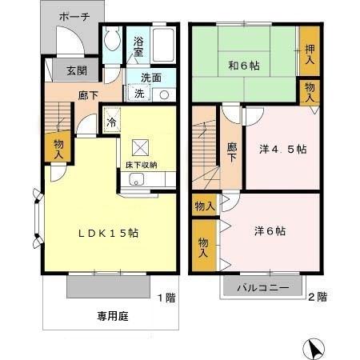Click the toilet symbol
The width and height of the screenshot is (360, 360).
pos(112,42)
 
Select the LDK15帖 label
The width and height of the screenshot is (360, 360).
pos(108,233)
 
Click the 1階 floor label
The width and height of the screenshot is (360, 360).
pos(166,298)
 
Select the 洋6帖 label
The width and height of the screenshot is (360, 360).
pos(273,231)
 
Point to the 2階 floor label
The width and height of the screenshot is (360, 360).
pos(317,298)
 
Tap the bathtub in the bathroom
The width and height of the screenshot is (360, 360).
pos(165,46)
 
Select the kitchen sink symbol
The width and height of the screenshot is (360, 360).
pos(134,179)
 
